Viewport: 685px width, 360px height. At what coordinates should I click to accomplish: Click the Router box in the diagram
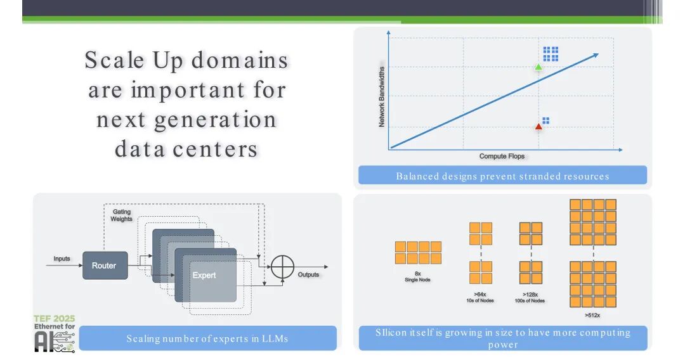pyautogui.click(x=104, y=266)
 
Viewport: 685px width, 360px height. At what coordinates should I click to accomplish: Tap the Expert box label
pyautogui.click(x=204, y=275)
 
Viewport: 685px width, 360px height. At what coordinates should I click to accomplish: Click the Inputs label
pyautogui.click(x=62, y=259)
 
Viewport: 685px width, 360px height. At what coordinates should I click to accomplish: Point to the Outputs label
pyautogui.click(x=308, y=274)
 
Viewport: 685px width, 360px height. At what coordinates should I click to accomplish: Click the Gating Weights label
pyautogui.click(x=122, y=215)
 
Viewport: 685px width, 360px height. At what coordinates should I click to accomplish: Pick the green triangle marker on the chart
pyautogui.click(x=538, y=67)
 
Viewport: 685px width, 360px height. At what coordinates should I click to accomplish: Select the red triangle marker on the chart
pyautogui.click(x=538, y=126)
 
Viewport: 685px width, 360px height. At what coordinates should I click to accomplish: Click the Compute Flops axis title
pyautogui.click(x=502, y=157)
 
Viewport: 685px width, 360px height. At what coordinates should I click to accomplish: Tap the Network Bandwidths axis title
pyautogui.click(x=382, y=95)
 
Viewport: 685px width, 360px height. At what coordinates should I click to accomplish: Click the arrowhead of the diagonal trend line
pyautogui.click(x=595, y=55)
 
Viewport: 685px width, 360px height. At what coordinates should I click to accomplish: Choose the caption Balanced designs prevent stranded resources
pyautogui.click(x=502, y=176)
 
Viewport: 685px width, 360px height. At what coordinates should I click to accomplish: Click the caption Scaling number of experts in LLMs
pyautogui.click(x=207, y=338)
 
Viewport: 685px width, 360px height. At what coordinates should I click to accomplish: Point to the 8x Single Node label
pyautogui.click(x=417, y=276)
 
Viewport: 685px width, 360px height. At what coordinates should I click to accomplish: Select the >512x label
pyautogui.click(x=592, y=314)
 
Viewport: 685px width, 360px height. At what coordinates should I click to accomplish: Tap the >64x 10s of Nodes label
pyautogui.click(x=480, y=297)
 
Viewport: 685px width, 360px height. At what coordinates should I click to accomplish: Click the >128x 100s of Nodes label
pyautogui.click(x=530, y=297)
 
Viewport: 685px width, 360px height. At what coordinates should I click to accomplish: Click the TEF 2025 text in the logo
pyautogui.click(x=54, y=318)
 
